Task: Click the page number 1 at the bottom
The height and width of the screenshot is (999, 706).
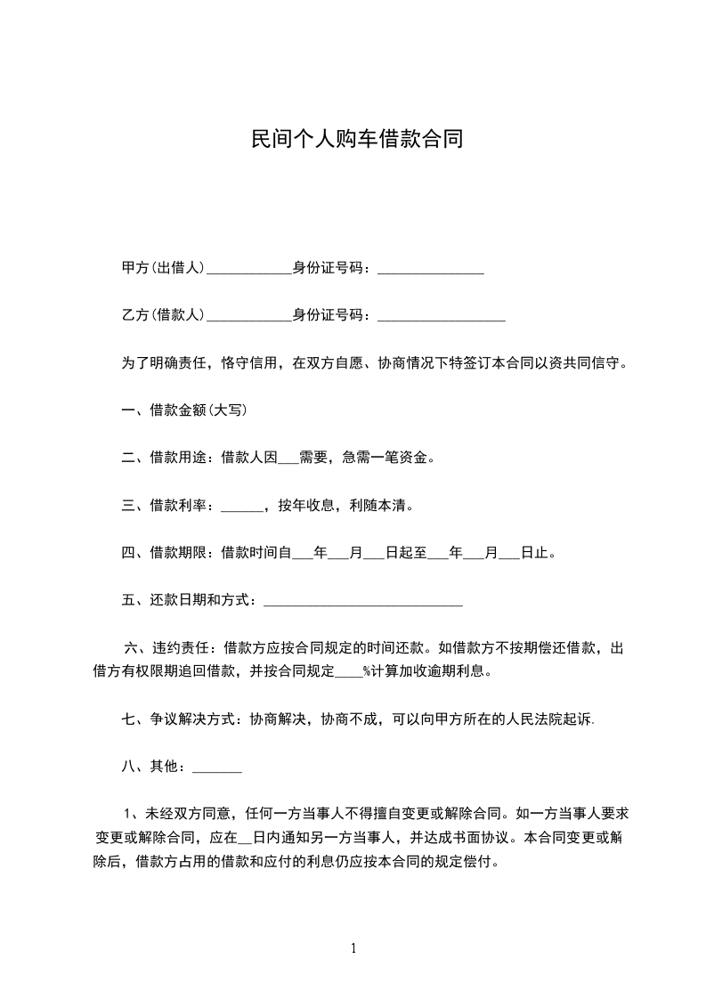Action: (353, 948)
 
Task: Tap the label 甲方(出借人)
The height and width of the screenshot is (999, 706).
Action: (164, 268)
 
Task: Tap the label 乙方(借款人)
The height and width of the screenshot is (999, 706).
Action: (164, 314)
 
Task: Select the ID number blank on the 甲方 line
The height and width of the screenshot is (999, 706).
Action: (431, 272)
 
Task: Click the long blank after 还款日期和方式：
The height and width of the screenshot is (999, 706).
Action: (363, 605)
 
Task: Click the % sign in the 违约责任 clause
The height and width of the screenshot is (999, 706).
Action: (365, 671)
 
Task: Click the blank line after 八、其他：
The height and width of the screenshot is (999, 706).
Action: (217, 770)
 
